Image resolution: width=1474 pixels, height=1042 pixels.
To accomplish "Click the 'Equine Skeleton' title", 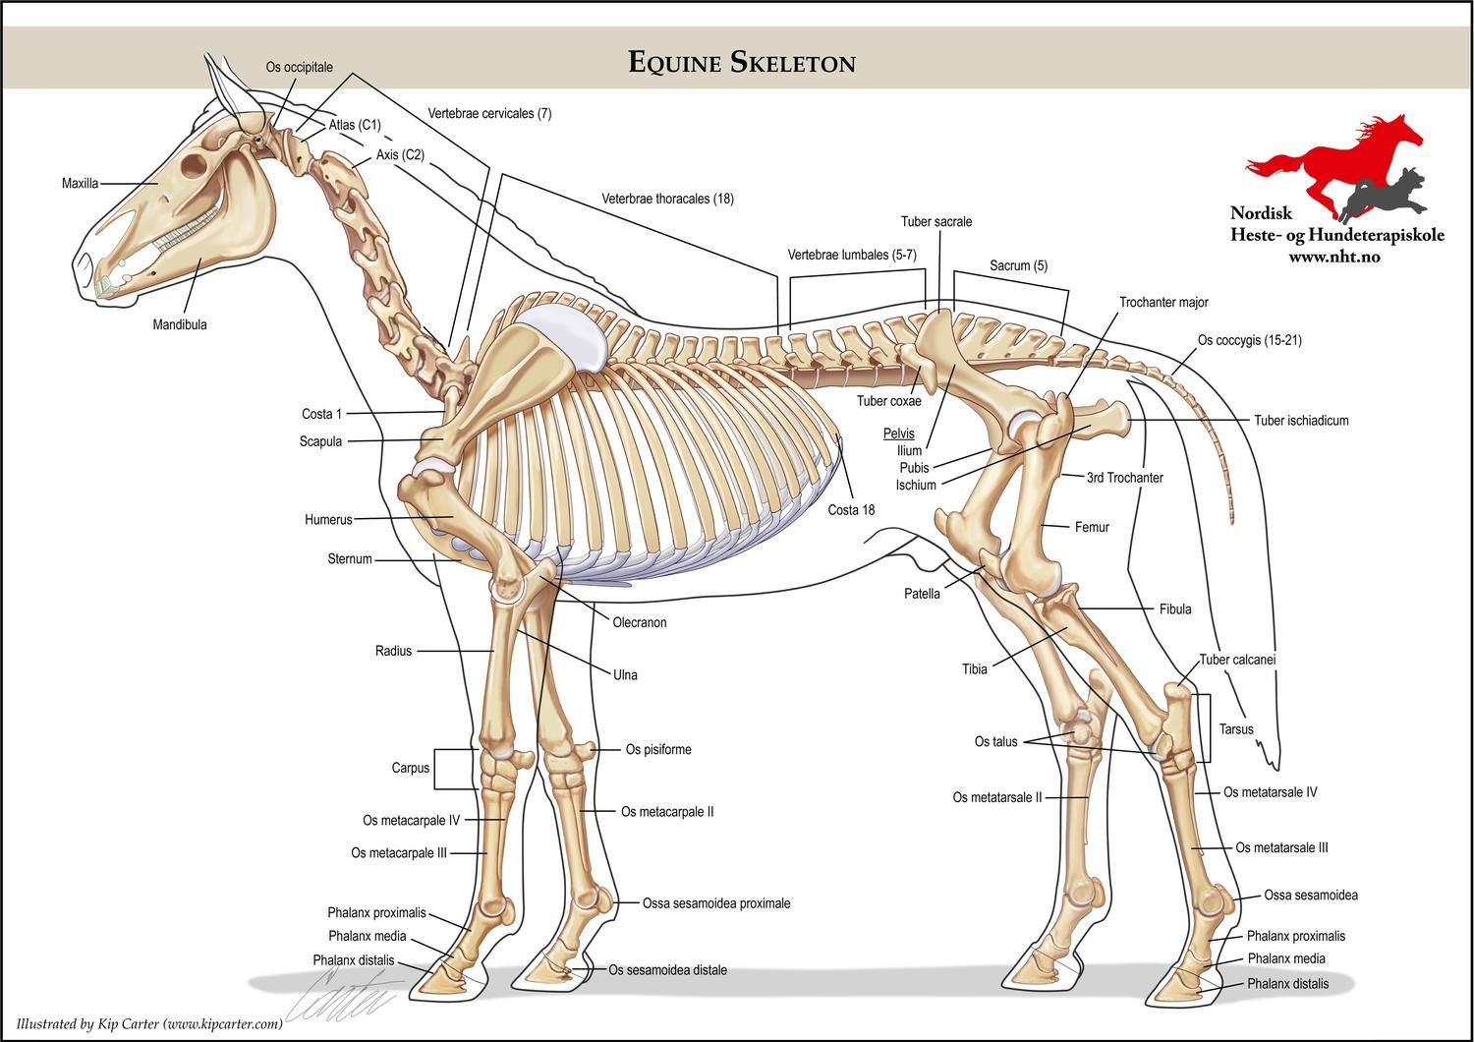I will point(742,63).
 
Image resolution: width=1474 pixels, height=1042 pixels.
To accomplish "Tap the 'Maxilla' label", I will point(80,183).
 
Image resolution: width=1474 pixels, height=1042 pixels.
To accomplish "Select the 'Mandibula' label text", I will point(180,324).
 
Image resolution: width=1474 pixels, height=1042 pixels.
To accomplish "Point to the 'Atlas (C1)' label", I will point(354,125).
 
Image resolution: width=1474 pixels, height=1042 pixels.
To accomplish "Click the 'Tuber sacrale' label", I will point(935,222).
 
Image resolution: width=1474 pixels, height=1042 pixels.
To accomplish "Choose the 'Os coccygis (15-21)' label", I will point(1249,341).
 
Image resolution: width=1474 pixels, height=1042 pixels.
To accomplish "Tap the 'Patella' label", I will point(922,594).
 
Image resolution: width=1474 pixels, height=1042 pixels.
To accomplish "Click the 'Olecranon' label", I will point(640,622).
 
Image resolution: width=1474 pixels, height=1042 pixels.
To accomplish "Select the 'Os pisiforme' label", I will point(658,750).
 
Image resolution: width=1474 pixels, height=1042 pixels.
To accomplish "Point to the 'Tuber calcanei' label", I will point(1237,660).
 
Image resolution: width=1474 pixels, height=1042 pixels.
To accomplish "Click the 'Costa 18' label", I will point(851,510).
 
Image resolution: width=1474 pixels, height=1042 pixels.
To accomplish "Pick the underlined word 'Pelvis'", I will point(898,434).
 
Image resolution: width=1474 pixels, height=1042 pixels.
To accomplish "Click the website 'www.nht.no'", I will point(1334,258).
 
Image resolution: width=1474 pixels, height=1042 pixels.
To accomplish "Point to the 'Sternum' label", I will point(350,559).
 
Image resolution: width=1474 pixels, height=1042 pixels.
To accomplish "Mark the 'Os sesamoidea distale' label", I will point(667,970).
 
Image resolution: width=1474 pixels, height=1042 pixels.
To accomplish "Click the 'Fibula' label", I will point(1174,609).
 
